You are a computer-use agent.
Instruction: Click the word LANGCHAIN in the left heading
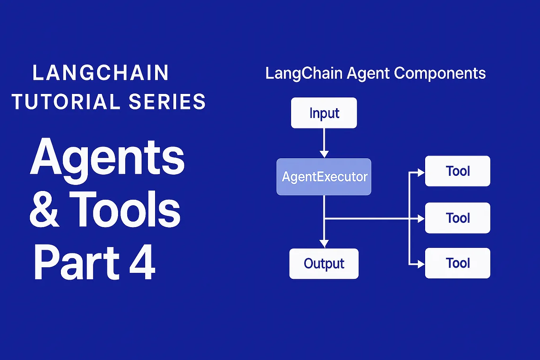pyautogui.click(x=101, y=73)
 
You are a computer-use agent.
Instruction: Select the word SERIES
pyautogui.click(x=167, y=102)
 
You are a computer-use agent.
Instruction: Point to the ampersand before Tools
pyautogui.click(x=44, y=210)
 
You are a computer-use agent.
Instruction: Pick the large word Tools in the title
pyautogui.click(x=125, y=210)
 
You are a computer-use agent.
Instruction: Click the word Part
pyautogui.click(x=76, y=263)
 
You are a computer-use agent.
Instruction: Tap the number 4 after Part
pyautogui.click(x=142, y=263)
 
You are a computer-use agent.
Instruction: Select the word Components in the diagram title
pyautogui.click(x=440, y=73)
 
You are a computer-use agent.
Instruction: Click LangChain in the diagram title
pyautogui.click(x=304, y=73)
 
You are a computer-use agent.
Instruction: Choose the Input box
pyautogui.click(x=324, y=113)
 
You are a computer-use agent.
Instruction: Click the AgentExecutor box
pyautogui.click(x=324, y=177)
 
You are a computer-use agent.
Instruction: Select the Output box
pyautogui.click(x=324, y=263)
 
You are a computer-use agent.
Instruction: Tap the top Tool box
pyautogui.click(x=458, y=171)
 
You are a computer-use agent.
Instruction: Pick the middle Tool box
pyautogui.click(x=458, y=218)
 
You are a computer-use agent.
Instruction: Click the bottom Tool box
pyautogui.click(x=458, y=263)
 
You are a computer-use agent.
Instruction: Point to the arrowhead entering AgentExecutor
pyautogui.click(x=324, y=154)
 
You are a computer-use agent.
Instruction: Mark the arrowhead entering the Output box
pyautogui.click(x=324, y=244)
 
